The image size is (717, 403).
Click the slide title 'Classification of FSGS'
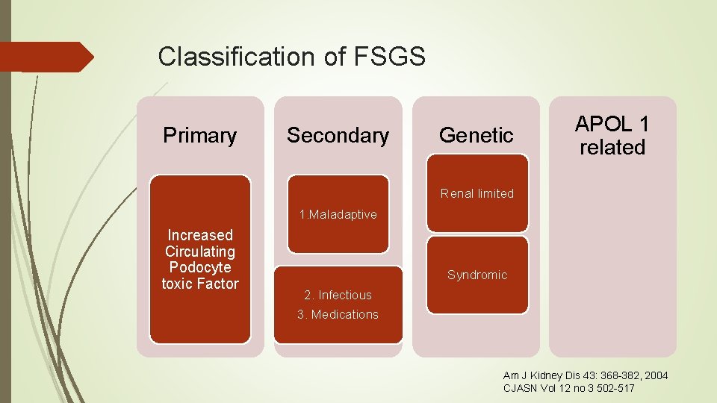coord(291,57)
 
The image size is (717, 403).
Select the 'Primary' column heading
coord(199,135)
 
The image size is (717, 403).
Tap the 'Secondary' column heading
coord(338,135)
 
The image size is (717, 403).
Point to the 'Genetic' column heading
coord(477,135)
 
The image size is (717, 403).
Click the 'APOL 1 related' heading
coord(612,135)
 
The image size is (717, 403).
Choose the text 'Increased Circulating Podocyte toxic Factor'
coord(199,259)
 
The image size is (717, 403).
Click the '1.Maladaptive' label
coord(338,215)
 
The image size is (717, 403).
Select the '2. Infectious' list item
coord(338,295)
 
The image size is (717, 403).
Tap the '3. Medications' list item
coord(338,314)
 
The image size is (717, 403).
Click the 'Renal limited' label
coord(477,193)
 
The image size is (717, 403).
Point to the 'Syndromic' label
coord(477,275)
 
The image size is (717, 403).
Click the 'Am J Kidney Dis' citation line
coord(586,375)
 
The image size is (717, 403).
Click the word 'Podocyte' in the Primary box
coord(199,267)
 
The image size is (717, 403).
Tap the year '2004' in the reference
coord(655,375)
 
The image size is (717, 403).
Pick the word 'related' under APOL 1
coord(612,147)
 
